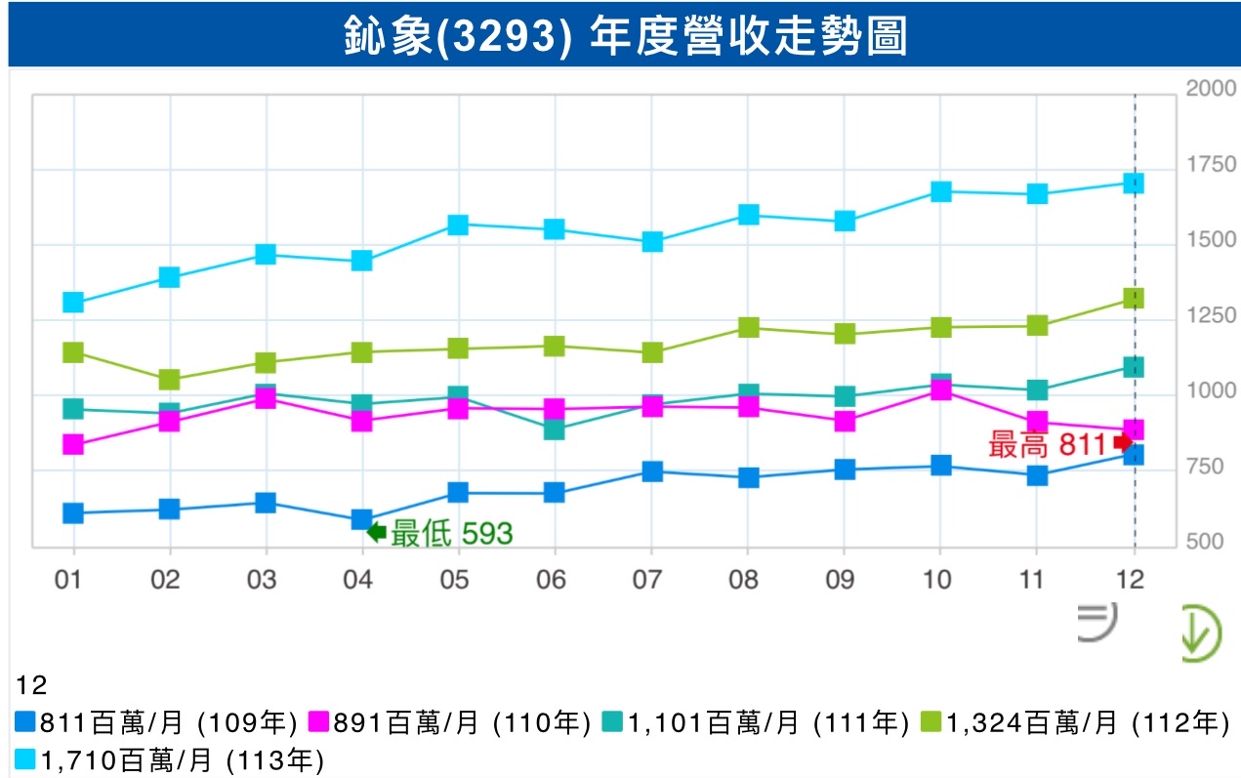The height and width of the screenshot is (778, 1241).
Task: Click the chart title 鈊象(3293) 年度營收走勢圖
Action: click(x=625, y=36)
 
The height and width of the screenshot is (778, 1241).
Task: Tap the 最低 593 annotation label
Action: click(x=451, y=533)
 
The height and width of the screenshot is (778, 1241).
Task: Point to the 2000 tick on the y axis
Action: click(x=1211, y=88)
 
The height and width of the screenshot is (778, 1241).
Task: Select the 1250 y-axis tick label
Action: click(x=1211, y=315)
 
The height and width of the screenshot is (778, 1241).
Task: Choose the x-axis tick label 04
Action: click(x=359, y=580)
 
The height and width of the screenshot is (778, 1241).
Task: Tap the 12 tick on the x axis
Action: click(x=1132, y=580)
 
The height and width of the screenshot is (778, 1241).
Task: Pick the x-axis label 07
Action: click(x=648, y=580)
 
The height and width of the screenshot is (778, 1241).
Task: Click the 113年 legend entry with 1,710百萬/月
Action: click(x=170, y=758)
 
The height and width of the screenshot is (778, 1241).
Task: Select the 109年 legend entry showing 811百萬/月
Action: click(x=156, y=723)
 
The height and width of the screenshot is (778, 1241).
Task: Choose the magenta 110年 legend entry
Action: click(x=450, y=723)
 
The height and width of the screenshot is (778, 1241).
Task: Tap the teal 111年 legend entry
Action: click(x=757, y=723)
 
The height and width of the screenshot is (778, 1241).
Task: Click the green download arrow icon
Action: click(x=1200, y=635)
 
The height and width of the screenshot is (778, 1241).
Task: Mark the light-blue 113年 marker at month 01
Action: click(x=72, y=303)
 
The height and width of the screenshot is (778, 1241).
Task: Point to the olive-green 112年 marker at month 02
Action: click(x=169, y=380)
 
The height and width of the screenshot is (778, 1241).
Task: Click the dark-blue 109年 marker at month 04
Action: click(x=361, y=519)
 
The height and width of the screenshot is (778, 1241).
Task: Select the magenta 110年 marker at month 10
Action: click(x=940, y=391)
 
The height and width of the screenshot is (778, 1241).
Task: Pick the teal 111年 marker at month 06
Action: click(x=554, y=430)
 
